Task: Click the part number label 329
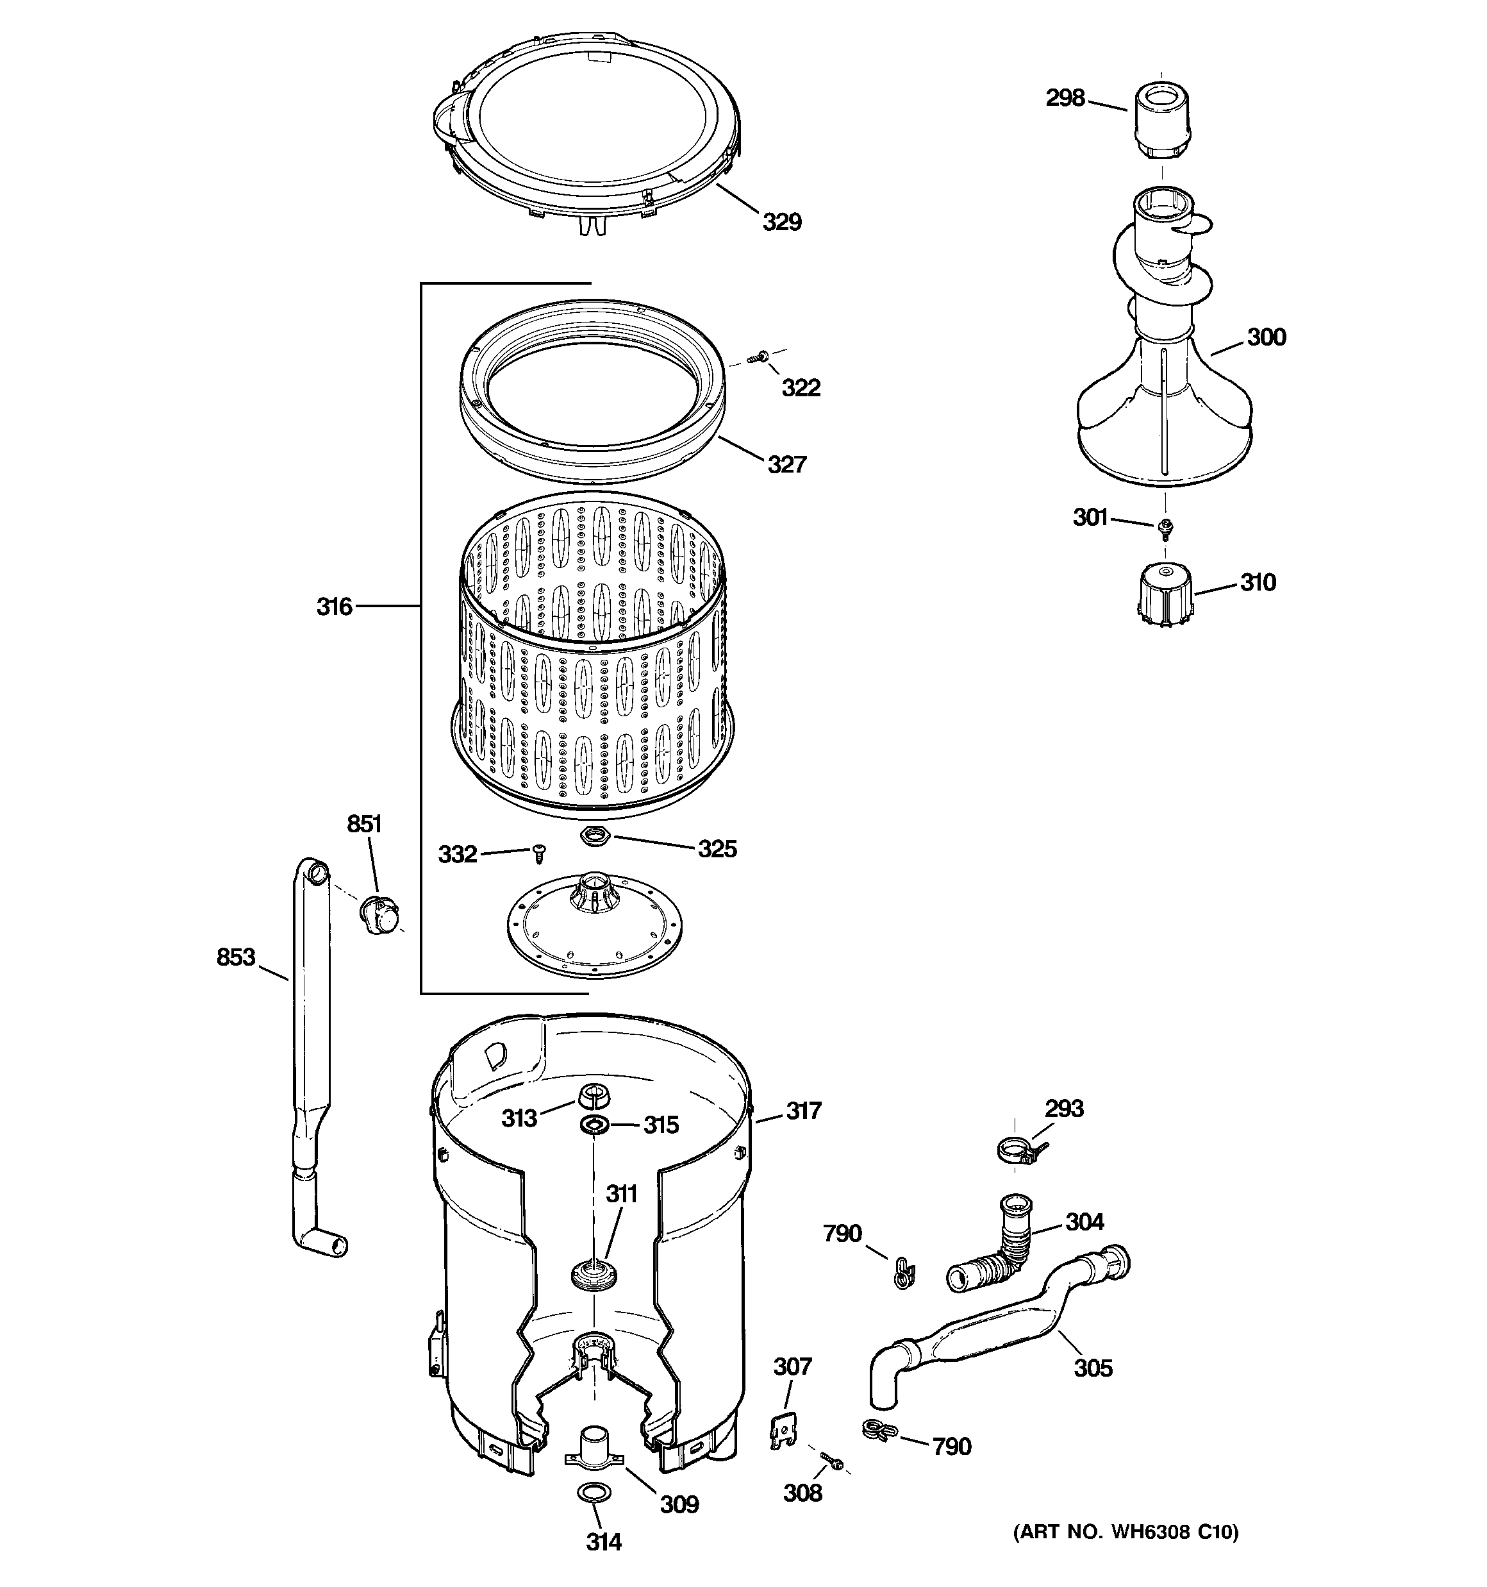781,222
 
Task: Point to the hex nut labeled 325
595,837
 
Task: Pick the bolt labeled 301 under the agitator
1165,526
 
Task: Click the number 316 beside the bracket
335,607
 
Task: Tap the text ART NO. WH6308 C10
1126,1532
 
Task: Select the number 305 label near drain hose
1092,1368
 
